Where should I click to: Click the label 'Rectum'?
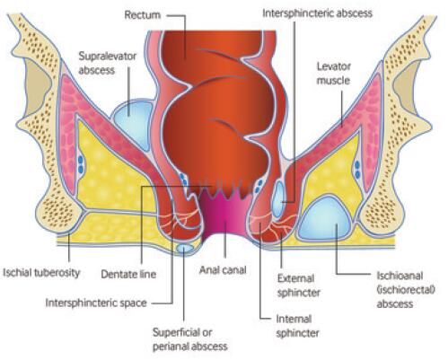point(143,15)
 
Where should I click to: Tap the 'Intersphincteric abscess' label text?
point(317,13)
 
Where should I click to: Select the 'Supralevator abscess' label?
point(107,63)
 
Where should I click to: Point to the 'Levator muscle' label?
point(333,74)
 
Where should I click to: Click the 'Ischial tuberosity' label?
point(41,273)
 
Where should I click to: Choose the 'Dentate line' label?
point(128,274)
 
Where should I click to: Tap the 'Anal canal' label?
point(223,270)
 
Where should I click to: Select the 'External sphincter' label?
point(298,285)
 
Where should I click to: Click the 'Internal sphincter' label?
point(297,326)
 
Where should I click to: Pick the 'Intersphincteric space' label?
point(96,303)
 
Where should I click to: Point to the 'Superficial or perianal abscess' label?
point(190,339)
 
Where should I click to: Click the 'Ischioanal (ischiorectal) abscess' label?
point(406,290)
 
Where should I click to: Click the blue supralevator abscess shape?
point(132,123)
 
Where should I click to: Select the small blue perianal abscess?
point(184,248)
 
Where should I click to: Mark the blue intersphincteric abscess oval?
point(279,198)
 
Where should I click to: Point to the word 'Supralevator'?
point(107,57)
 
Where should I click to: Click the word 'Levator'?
point(333,66)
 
